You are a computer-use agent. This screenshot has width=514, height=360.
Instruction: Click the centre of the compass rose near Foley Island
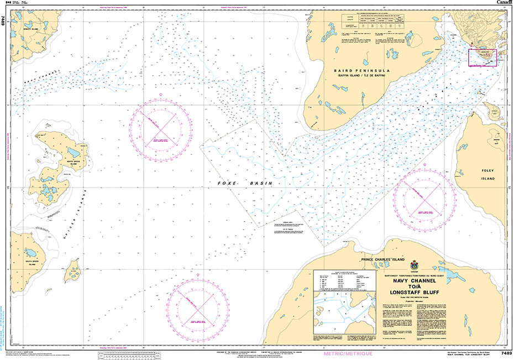(x=424, y=196)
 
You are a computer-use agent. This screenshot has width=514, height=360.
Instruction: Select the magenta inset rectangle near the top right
(x=482, y=58)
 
